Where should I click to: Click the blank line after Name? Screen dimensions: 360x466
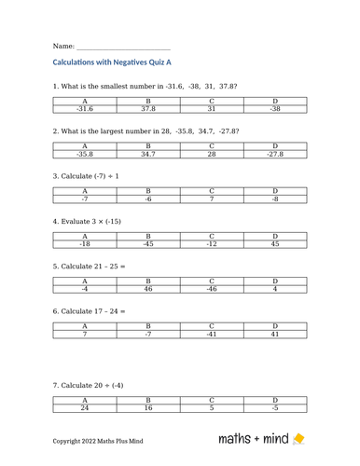click(x=124, y=47)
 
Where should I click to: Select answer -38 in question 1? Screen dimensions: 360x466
click(x=274, y=109)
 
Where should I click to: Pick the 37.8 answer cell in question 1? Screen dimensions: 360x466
click(x=147, y=109)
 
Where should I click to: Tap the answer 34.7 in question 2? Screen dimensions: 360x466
click(x=147, y=154)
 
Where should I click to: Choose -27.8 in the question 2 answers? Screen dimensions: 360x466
click(x=274, y=154)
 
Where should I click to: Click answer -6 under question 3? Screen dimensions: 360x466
click(x=147, y=199)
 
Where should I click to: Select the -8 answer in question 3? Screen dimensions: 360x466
click(x=274, y=199)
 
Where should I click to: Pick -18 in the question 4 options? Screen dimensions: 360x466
click(x=84, y=245)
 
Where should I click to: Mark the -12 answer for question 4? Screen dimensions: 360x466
click(x=211, y=245)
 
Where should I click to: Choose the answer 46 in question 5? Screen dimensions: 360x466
click(x=147, y=290)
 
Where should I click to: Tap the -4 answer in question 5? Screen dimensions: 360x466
click(x=84, y=290)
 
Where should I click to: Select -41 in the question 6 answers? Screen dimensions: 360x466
click(x=211, y=336)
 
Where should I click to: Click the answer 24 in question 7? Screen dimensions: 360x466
click(x=84, y=408)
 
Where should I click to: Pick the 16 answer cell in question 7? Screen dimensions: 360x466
click(x=147, y=408)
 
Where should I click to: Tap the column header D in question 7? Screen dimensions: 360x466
click(x=274, y=400)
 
